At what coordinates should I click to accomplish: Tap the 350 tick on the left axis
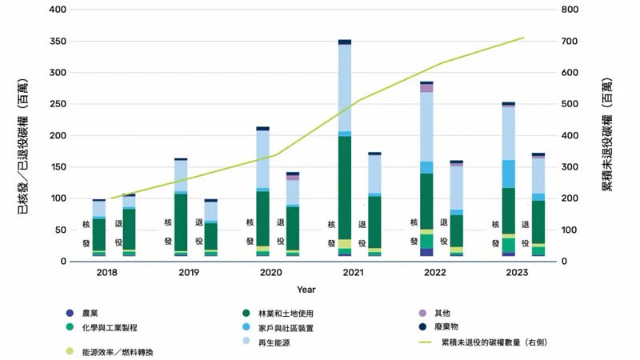click(58, 41)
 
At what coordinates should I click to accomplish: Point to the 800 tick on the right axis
click(574, 10)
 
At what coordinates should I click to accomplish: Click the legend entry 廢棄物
click(454, 327)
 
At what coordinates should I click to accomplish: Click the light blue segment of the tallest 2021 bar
click(345, 88)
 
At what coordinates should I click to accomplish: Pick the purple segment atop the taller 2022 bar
click(426, 88)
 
